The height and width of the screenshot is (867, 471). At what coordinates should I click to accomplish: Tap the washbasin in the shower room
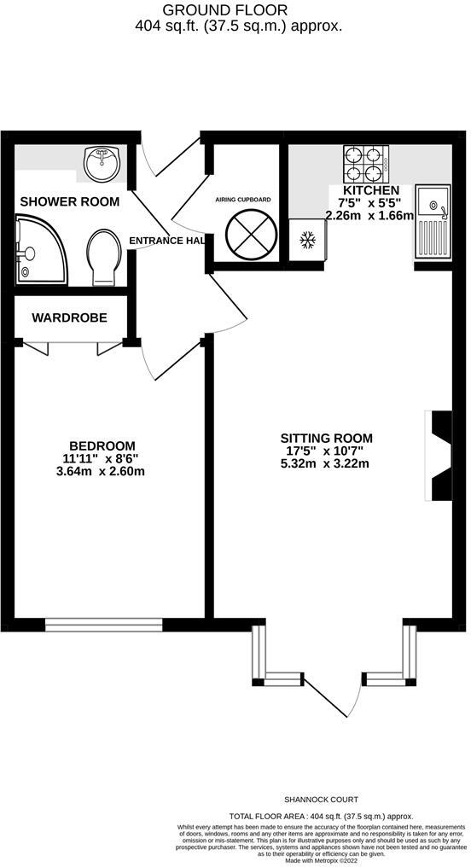pos(103,162)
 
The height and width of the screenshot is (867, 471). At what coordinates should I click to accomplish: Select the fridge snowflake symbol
pos(306,241)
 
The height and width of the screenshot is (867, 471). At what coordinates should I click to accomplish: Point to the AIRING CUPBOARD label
pos(243,200)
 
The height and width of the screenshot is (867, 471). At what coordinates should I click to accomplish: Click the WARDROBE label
pos(70,317)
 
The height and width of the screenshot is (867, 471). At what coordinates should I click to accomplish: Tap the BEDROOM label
pos(102,445)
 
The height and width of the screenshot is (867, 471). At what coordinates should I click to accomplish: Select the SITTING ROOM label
pos(329,439)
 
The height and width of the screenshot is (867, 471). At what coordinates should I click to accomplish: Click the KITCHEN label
pos(370,190)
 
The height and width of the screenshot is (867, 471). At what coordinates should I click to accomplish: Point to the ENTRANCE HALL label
pos(167,241)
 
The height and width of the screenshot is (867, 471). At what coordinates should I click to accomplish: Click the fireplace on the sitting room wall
pos(439,457)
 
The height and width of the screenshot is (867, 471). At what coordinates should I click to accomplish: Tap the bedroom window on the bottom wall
pos(103,626)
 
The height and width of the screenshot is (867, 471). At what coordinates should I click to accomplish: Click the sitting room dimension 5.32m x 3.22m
pos(329,464)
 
